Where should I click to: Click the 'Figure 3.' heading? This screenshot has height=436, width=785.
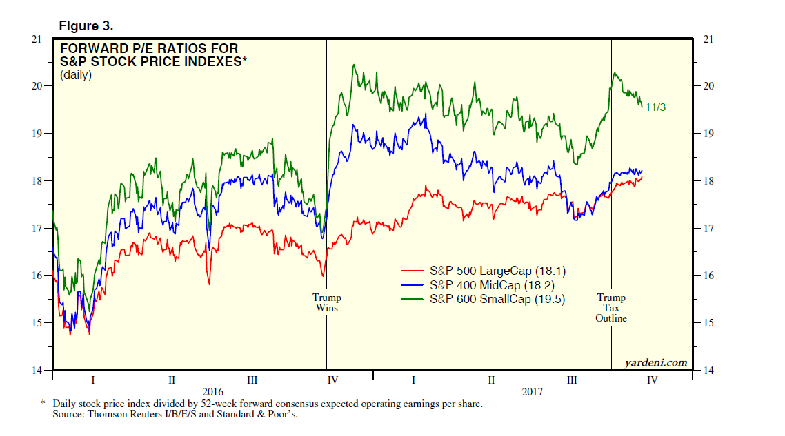tap(86, 26)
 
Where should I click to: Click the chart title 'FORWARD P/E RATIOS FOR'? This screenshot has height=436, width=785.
tap(149, 49)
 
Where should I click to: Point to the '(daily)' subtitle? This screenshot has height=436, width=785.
tap(77, 75)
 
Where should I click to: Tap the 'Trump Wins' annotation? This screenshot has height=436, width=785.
tap(326, 303)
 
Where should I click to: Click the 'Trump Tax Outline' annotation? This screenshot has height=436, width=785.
tap(612, 308)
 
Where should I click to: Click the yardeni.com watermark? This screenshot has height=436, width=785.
tap(656, 362)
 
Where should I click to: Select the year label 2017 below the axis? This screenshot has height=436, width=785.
tap(532, 391)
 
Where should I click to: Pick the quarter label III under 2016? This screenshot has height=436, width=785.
tap(252, 380)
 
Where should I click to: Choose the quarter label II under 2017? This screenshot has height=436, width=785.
tap(491, 380)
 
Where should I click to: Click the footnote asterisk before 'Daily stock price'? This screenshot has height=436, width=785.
tap(43, 404)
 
